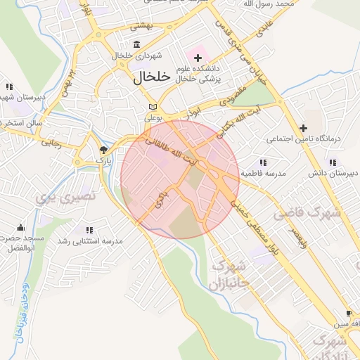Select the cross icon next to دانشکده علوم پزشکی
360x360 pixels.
[x=198, y=57]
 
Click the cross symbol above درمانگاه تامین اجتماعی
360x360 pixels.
[x=303, y=128]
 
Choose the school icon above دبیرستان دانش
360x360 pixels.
[x=313, y=161]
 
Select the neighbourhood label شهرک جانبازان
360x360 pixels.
[x=227, y=275]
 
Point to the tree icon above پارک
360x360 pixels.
[x=103, y=150]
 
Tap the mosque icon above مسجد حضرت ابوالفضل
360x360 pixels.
[x=20, y=228]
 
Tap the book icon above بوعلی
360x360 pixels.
[x=150, y=107]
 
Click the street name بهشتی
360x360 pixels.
[x=142, y=25]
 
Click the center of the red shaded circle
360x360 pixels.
[x=180, y=179]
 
